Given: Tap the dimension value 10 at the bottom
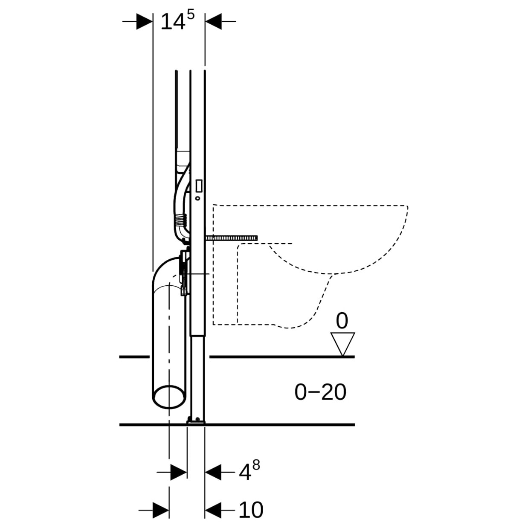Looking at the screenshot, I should [x=251, y=510].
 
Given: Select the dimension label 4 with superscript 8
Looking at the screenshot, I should [x=249, y=471].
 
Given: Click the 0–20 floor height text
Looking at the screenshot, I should [x=320, y=392].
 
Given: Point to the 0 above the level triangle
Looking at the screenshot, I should [x=342, y=321].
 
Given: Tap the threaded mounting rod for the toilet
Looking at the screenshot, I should [x=231, y=238].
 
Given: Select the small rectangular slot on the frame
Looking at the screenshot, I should [x=198, y=186].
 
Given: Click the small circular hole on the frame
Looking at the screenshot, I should [x=198, y=198].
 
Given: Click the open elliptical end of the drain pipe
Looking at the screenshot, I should [x=169, y=397].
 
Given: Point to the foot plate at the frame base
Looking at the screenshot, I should [x=196, y=421].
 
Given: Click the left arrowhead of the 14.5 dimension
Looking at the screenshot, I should [x=145, y=21].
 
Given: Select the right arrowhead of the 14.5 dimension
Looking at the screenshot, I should [x=213, y=21].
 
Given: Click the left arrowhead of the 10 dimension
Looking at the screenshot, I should [x=161, y=510].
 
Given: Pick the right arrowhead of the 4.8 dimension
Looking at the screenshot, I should [x=213, y=472].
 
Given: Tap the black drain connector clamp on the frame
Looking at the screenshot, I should [x=184, y=273].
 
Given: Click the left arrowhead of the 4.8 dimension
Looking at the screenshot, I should [x=178, y=472].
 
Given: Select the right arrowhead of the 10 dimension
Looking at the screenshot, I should [x=213, y=510].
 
